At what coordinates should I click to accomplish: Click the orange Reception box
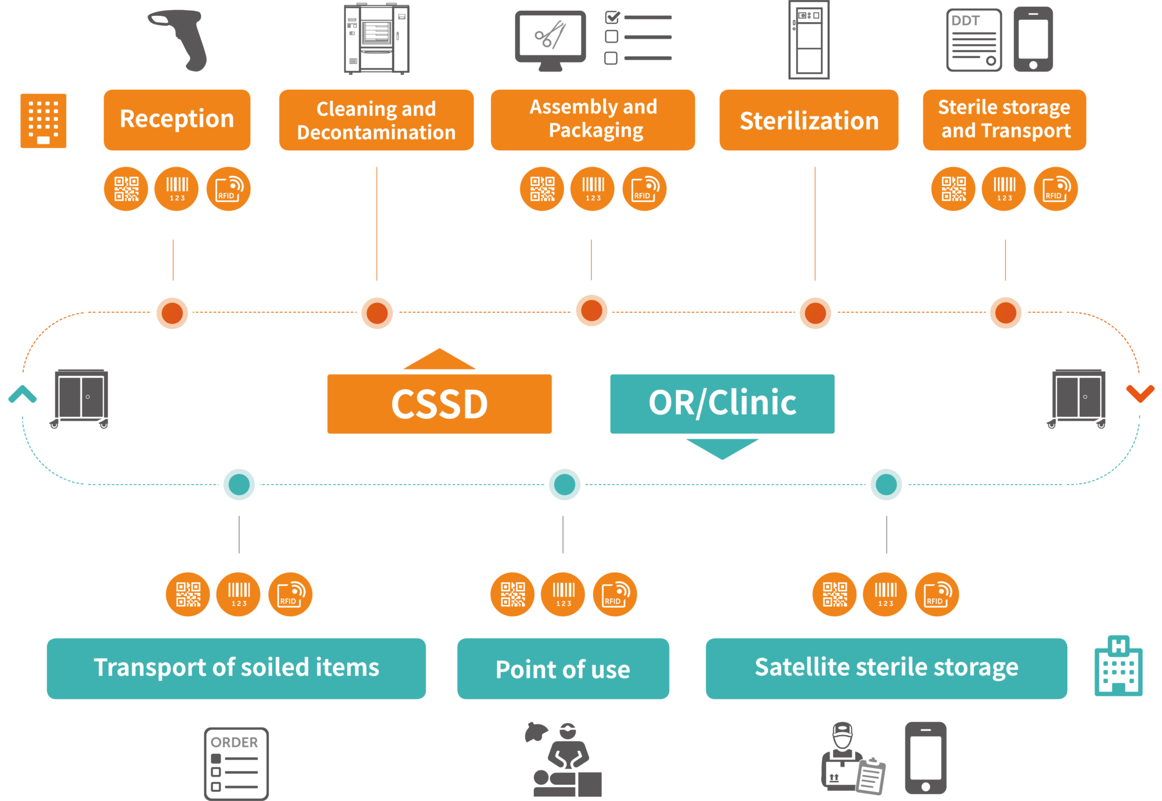[176, 120]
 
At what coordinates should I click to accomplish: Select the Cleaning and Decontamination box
[376, 120]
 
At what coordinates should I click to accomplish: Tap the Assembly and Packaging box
[592, 120]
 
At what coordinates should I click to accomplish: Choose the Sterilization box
[809, 120]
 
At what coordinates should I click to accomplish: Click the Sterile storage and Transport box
[1004, 120]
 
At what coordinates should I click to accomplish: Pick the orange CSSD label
[439, 404]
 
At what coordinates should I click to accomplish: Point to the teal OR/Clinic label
[722, 403]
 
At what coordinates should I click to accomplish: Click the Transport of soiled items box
[236, 668]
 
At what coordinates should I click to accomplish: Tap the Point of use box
[563, 668]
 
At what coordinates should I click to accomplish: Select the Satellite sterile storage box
[886, 668]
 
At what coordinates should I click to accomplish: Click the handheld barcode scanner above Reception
[182, 40]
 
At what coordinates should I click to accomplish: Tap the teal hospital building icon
[1118, 666]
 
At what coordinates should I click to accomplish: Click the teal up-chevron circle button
[23, 394]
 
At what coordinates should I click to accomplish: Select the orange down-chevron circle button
[1140, 394]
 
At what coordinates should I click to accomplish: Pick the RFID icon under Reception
[228, 189]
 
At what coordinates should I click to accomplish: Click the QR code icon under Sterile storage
[953, 189]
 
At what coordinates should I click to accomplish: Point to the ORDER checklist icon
[236, 763]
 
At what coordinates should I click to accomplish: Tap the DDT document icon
[974, 40]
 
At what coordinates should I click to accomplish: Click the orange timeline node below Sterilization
[815, 313]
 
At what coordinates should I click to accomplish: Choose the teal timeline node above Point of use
[565, 484]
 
